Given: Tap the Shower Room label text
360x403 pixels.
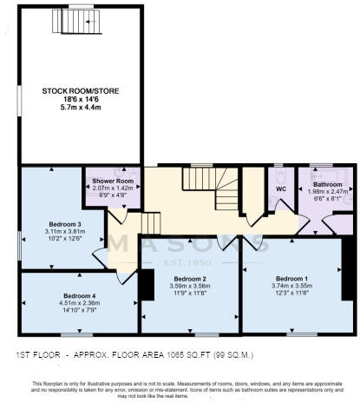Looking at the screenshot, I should (108, 181).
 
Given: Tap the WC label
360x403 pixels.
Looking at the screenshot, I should (280, 188).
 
